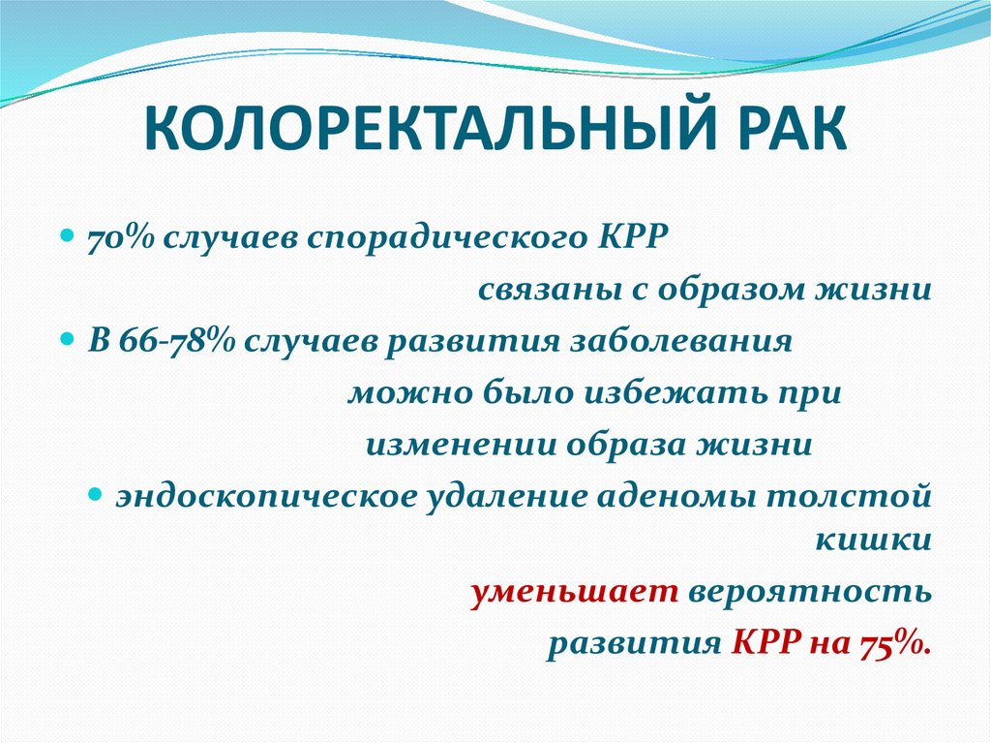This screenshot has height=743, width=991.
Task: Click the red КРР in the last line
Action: click(760, 644)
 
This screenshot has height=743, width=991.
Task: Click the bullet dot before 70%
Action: click(68, 237)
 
